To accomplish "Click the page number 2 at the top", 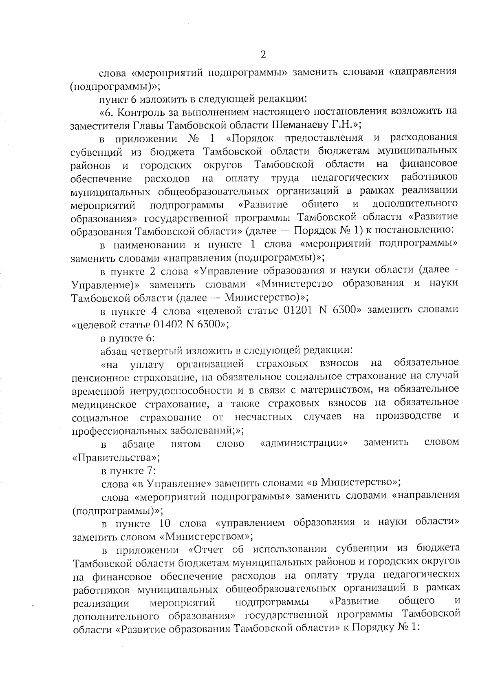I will [263, 55].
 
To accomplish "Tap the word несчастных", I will [263, 416].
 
